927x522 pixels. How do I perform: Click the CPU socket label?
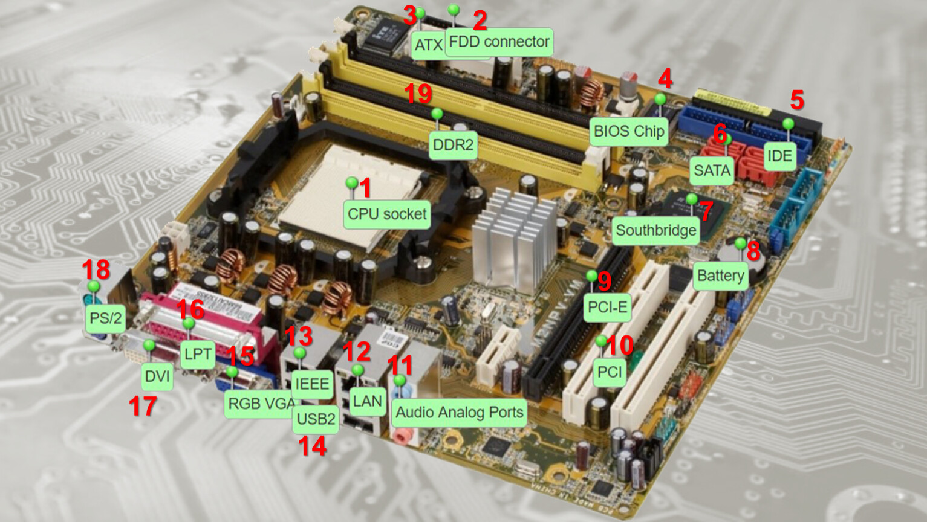click(x=387, y=214)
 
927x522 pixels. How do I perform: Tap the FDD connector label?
click(x=499, y=42)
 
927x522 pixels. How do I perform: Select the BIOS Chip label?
click(x=629, y=132)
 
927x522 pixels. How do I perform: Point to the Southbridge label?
click(x=656, y=230)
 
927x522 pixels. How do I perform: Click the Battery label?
click(x=720, y=276)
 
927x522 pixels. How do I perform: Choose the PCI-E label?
click(x=608, y=308)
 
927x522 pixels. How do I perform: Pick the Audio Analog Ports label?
click(x=460, y=413)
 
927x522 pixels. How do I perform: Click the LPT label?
click(x=198, y=354)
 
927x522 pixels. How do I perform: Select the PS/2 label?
click(x=106, y=318)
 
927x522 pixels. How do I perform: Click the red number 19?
click(x=418, y=94)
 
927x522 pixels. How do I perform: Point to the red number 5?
click(x=797, y=100)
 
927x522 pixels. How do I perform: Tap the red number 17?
click(x=143, y=405)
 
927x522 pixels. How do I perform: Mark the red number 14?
click(x=312, y=446)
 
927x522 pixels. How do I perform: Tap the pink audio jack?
click(x=403, y=436)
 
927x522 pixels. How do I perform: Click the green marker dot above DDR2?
click(x=437, y=114)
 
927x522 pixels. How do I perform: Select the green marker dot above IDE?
click(x=789, y=123)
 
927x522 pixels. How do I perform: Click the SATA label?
click(x=712, y=170)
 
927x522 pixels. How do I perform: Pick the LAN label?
click(x=367, y=401)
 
